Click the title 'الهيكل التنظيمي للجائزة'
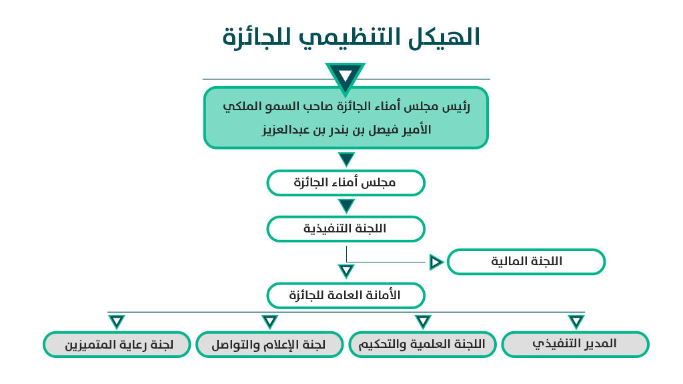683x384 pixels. [351, 37]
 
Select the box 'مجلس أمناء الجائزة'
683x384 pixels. [346, 183]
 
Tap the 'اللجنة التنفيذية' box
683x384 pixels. [346, 228]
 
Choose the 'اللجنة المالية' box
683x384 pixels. [526, 262]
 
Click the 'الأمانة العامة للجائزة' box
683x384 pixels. [346, 295]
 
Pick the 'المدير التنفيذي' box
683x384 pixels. [576, 345]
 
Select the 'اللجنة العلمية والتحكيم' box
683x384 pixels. [422, 345]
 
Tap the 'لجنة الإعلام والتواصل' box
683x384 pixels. [269, 345]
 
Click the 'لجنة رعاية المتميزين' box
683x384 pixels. [117, 345]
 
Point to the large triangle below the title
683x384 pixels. [346, 76]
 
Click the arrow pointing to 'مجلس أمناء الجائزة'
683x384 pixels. [346, 159]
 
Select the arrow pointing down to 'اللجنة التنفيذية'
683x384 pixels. [346, 206]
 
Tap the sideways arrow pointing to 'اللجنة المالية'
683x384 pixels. [436, 262]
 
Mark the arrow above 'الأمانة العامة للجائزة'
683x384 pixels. [346, 270]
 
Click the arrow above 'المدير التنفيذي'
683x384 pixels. [576, 322]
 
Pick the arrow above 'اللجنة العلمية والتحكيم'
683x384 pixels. [423, 322]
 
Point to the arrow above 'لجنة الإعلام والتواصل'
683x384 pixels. [270, 322]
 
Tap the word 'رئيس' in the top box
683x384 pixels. [456, 107]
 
